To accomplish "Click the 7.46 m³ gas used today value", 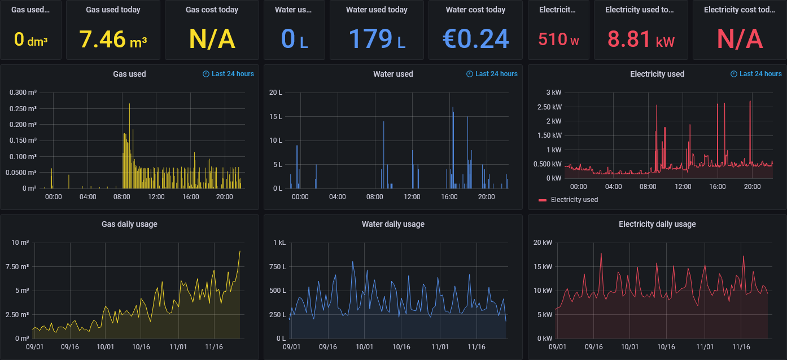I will (x=113, y=39).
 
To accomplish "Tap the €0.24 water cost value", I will (x=475, y=39).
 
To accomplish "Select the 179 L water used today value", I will (x=377, y=39).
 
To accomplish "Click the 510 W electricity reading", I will (x=558, y=39).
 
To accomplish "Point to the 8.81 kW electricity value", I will (x=641, y=39).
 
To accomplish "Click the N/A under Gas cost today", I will (x=212, y=39).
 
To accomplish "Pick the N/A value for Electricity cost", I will (x=740, y=39).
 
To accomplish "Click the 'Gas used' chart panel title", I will (x=129, y=74).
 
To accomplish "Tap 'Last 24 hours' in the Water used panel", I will (x=496, y=74).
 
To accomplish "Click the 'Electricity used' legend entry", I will (x=574, y=200).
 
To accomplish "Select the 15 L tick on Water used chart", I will (x=276, y=117).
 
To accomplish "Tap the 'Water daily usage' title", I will (x=393, y=224).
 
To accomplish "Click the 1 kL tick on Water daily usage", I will (x=279, y=243).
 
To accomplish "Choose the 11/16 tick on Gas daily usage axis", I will (x=214, y=347).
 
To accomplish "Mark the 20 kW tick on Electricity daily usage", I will (x=544, y=243).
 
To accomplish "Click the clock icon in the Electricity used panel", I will (x=734, y=74).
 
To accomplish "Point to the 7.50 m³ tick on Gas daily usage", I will (x=20, y=266).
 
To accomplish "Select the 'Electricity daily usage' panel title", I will (x=657, y=224).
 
